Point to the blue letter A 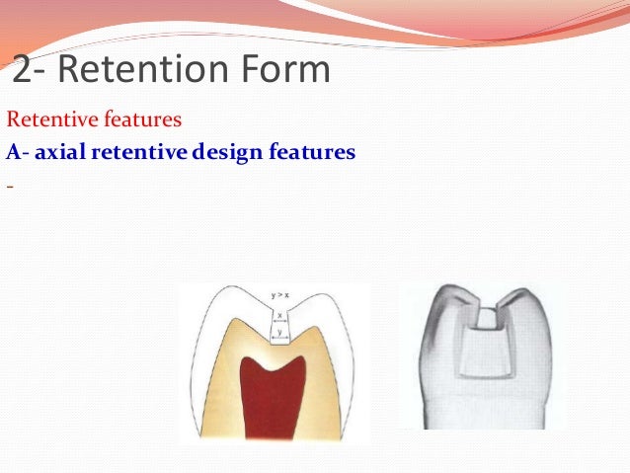click(13, 154)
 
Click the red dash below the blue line click(9, 185)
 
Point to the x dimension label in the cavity click(279, 315)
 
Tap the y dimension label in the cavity click(279, 332)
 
